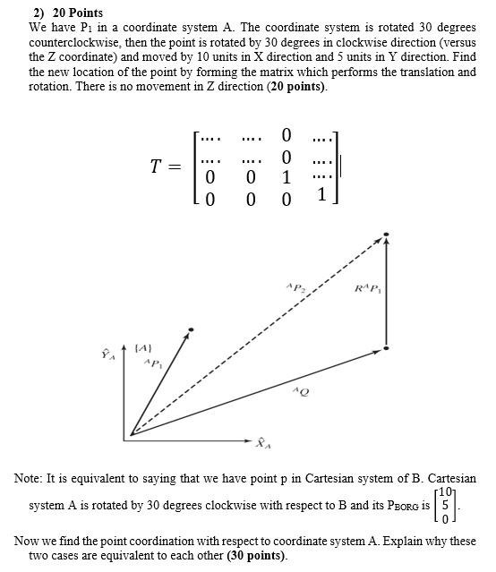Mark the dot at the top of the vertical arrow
(x=386, y=235)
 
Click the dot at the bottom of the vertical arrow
(x=386, y=347)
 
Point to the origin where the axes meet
(x=133, y=434)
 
